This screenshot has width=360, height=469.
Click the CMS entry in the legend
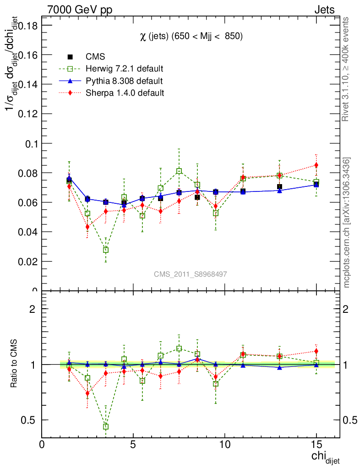pyautogui.click(x=95, y=57)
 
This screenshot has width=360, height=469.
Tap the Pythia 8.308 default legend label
pyautogui.click(x=124, y=81)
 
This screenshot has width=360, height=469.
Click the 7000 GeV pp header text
pyautogui.click(x=80, y=10)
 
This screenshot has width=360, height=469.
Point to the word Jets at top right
pyautogui.click(x=324, y=10)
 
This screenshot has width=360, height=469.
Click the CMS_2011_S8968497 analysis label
pyautogui.click(x=190, y=274)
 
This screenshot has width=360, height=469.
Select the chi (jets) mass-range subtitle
pyautogui.click(x=191, y=36)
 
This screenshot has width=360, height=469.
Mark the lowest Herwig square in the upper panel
pyautogui.click(x=106, y=250)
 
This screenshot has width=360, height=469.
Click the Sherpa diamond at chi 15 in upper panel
pyautogui.click(x=316, y=165)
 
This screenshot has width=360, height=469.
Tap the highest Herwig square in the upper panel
pyautogui.click(x=179, y=171)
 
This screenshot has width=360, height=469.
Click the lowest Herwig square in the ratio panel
pyautogui.click(x=106, y=426)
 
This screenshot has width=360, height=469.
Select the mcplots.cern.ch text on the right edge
pyautogui.click(x=347, y=223)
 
